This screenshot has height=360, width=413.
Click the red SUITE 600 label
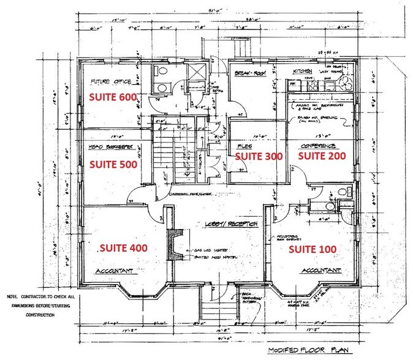tap(113, 97)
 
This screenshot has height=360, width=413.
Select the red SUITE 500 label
tap(113, 164)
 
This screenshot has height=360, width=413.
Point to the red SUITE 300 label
tap(259, 156)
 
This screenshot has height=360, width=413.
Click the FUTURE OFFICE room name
tap(112, 81)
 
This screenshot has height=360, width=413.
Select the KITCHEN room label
tap(302, 71)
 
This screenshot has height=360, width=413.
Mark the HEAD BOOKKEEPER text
tap(112, 148)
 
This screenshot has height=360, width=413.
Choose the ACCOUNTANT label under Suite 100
tap(320, 270)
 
